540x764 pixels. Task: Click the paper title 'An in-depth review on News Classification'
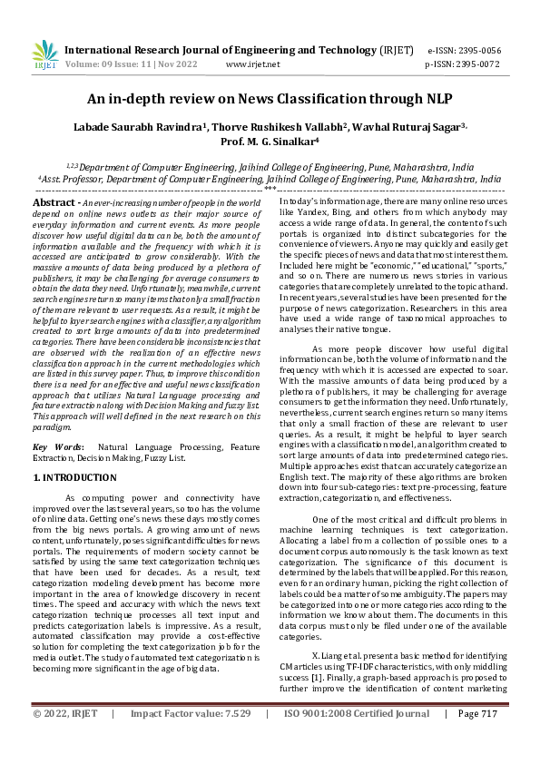[270, 100]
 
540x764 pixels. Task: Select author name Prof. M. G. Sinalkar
[270, 142]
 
